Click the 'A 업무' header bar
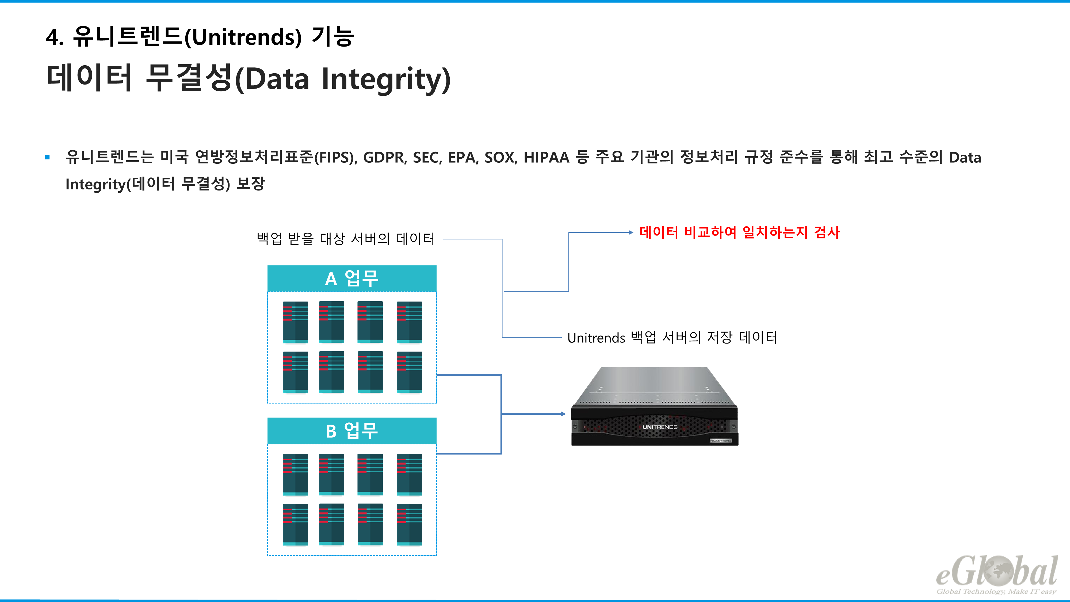(351, 278)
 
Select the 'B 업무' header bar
(351, 430)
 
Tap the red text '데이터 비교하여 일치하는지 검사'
(739, 232)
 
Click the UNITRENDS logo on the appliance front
(660, 427)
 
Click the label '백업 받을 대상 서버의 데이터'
(346, 239)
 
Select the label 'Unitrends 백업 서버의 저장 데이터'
(672, 337)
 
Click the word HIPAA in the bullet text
(546, 158)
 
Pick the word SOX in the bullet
(500, 158)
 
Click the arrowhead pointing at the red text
(630, 233)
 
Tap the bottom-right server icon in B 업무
(409, 524)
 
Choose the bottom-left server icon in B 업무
(295, 524)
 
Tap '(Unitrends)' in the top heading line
(243, 37)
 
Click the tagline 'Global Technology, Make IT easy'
(996, 592)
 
